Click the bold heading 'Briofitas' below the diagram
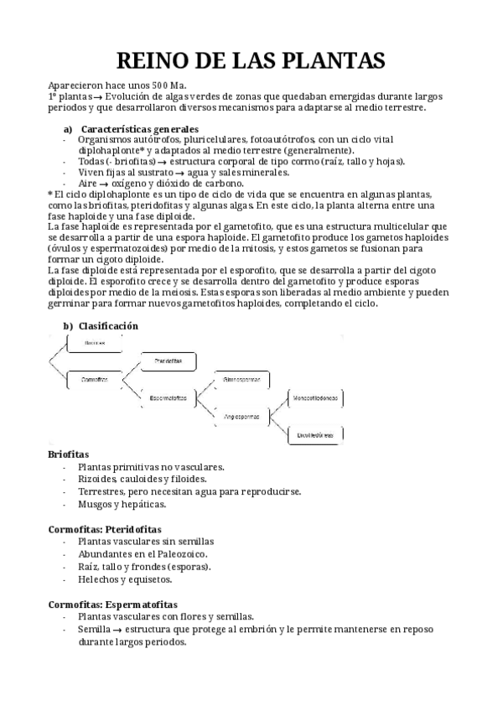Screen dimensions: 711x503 pyautogui.click(x=69, y=454)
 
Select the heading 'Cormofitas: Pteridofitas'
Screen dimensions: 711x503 pyautogui.click(x=105, y=530)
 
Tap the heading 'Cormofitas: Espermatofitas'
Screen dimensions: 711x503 pyautogui.click(x=112, y=604)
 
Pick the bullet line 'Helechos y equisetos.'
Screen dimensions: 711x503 pyautogui.click(x=125, y=579)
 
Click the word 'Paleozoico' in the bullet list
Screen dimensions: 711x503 pyautogui.click(x=177, y=554)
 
